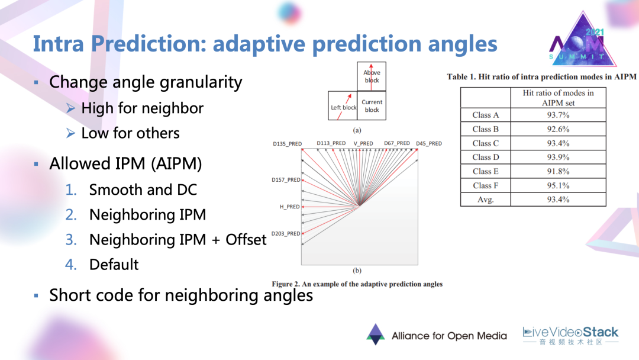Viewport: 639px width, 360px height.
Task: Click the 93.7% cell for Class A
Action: tap(558, 115)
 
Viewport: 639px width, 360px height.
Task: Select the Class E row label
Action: tap(485, 171)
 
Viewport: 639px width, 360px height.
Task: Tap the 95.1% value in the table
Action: tap(558, 185)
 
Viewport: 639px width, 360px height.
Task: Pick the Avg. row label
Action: tap(485, 200)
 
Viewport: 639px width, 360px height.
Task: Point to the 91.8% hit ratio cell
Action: tap(558, 171)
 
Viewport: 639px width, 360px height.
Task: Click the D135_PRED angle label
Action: tap(288, 144)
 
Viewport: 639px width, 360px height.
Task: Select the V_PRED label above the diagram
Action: tap(363, 143)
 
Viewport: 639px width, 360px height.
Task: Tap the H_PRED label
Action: tap(290, 207)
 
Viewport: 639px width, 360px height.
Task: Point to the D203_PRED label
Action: tap(286, 234)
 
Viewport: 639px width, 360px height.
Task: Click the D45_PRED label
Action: tap(429, 143)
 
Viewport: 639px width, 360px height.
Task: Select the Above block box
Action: tap(371, 76)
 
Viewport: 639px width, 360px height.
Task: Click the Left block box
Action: tap(343, 105)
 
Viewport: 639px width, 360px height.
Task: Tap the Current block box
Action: tap(372, 105)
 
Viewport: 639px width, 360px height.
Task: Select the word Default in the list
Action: tap(114, 265)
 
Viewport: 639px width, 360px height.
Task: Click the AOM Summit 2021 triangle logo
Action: tap(582, 40)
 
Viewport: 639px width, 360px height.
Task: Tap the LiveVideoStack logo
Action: tap(570, 336)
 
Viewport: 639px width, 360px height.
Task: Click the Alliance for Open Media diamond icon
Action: tap(375, 335)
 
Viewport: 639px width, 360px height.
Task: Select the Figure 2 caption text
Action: tap(357, 284)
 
